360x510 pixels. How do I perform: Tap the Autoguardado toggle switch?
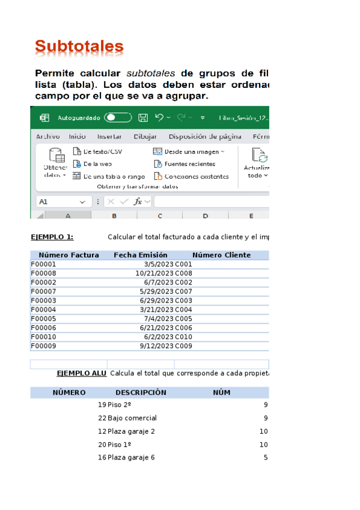pos(118,118)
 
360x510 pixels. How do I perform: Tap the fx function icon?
pos(138,201)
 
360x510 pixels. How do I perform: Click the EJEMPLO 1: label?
pos(52,237)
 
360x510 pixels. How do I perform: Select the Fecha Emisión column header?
pos(141,255)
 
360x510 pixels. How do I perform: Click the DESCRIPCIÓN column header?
pos(141,392)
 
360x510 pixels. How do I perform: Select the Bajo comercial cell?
pos(132,417)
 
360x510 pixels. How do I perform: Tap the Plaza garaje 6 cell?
pos(131,457)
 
